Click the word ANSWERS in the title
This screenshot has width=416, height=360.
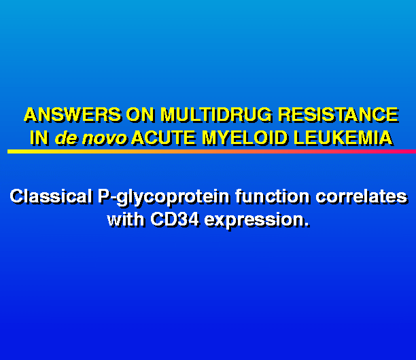click(73, 115)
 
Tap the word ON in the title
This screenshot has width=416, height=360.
click(140, 115)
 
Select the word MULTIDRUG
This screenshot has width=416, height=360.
click(216, 115)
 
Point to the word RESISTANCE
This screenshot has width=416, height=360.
click(339, 115)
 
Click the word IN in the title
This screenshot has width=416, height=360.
click(39, 138)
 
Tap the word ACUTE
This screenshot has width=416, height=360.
click(164, 138)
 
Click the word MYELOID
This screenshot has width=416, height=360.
click(245, 138)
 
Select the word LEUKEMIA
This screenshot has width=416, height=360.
click(343, 138)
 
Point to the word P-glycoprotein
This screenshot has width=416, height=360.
click(163, 198)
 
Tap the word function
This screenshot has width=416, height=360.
click(273, 197)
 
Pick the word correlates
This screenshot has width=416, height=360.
click(362, 197)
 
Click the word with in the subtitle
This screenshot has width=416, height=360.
click(126, 220)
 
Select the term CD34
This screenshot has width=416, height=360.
click(175, 220)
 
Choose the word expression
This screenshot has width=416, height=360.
click(254, 221)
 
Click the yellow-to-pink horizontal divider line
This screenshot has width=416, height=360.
click(211, 151)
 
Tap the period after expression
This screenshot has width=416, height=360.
click(307, 226)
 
